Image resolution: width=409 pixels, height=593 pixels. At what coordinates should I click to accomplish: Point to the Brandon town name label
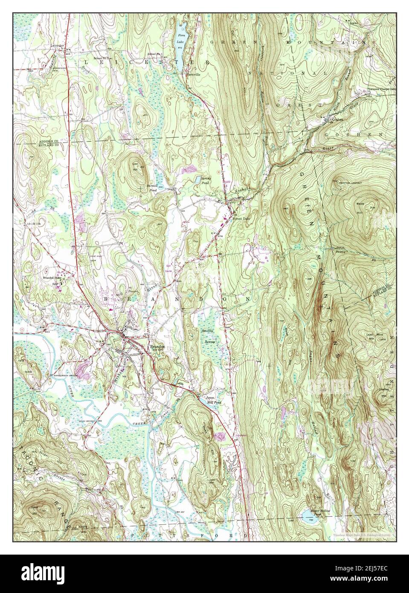(157, 347)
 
